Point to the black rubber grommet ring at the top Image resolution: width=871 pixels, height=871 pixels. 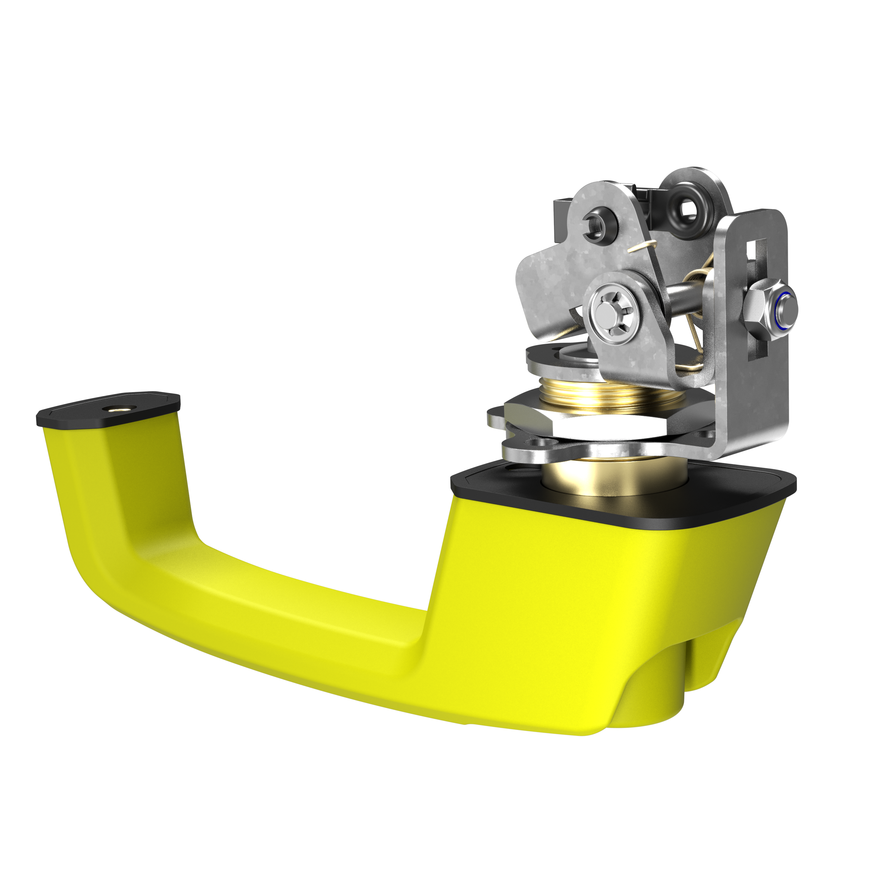click(x=687, y=208)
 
